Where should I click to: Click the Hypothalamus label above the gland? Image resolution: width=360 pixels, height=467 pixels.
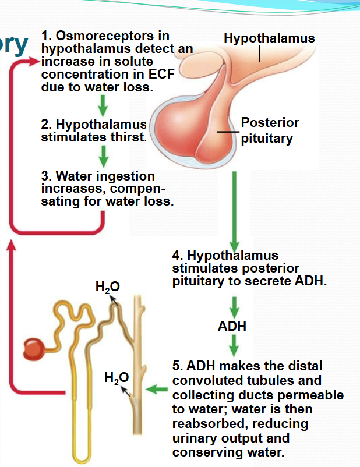pos(269,38)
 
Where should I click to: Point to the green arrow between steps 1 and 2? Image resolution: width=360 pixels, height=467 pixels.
pos(103,104)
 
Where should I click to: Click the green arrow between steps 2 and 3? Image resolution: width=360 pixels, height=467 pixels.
pos(103,155)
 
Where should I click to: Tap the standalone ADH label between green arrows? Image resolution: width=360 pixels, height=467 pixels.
pos(232,326)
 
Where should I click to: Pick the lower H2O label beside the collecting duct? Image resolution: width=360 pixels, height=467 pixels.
pos(115,377)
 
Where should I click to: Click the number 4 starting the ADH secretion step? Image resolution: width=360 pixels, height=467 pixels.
pos(176,255)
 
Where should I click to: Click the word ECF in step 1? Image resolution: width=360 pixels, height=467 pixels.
pos(163,75)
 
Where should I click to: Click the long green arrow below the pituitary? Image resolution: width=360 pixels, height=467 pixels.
pos(234,210)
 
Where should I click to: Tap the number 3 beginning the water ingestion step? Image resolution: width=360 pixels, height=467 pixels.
pos(44,176)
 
